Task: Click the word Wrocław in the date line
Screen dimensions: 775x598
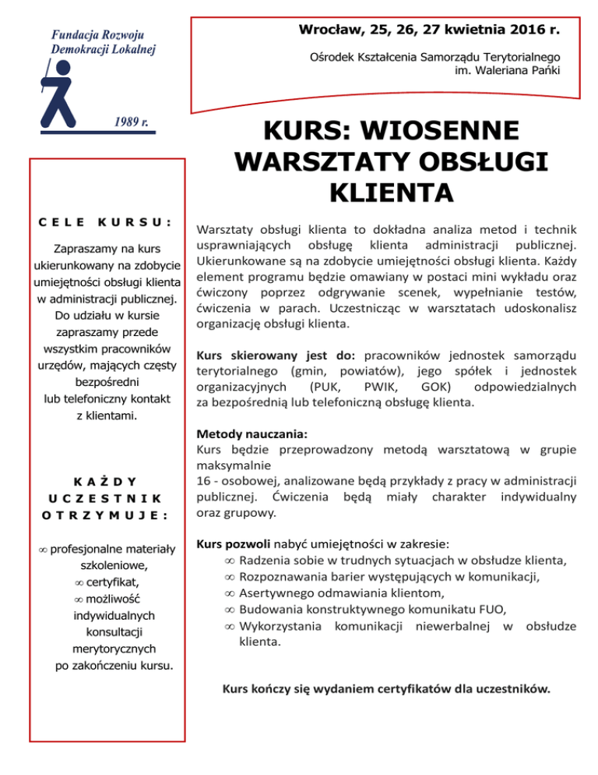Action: coord(329,30)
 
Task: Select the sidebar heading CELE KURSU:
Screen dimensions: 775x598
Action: coord(105,221)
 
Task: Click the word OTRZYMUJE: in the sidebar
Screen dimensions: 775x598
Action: coord(105,514)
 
